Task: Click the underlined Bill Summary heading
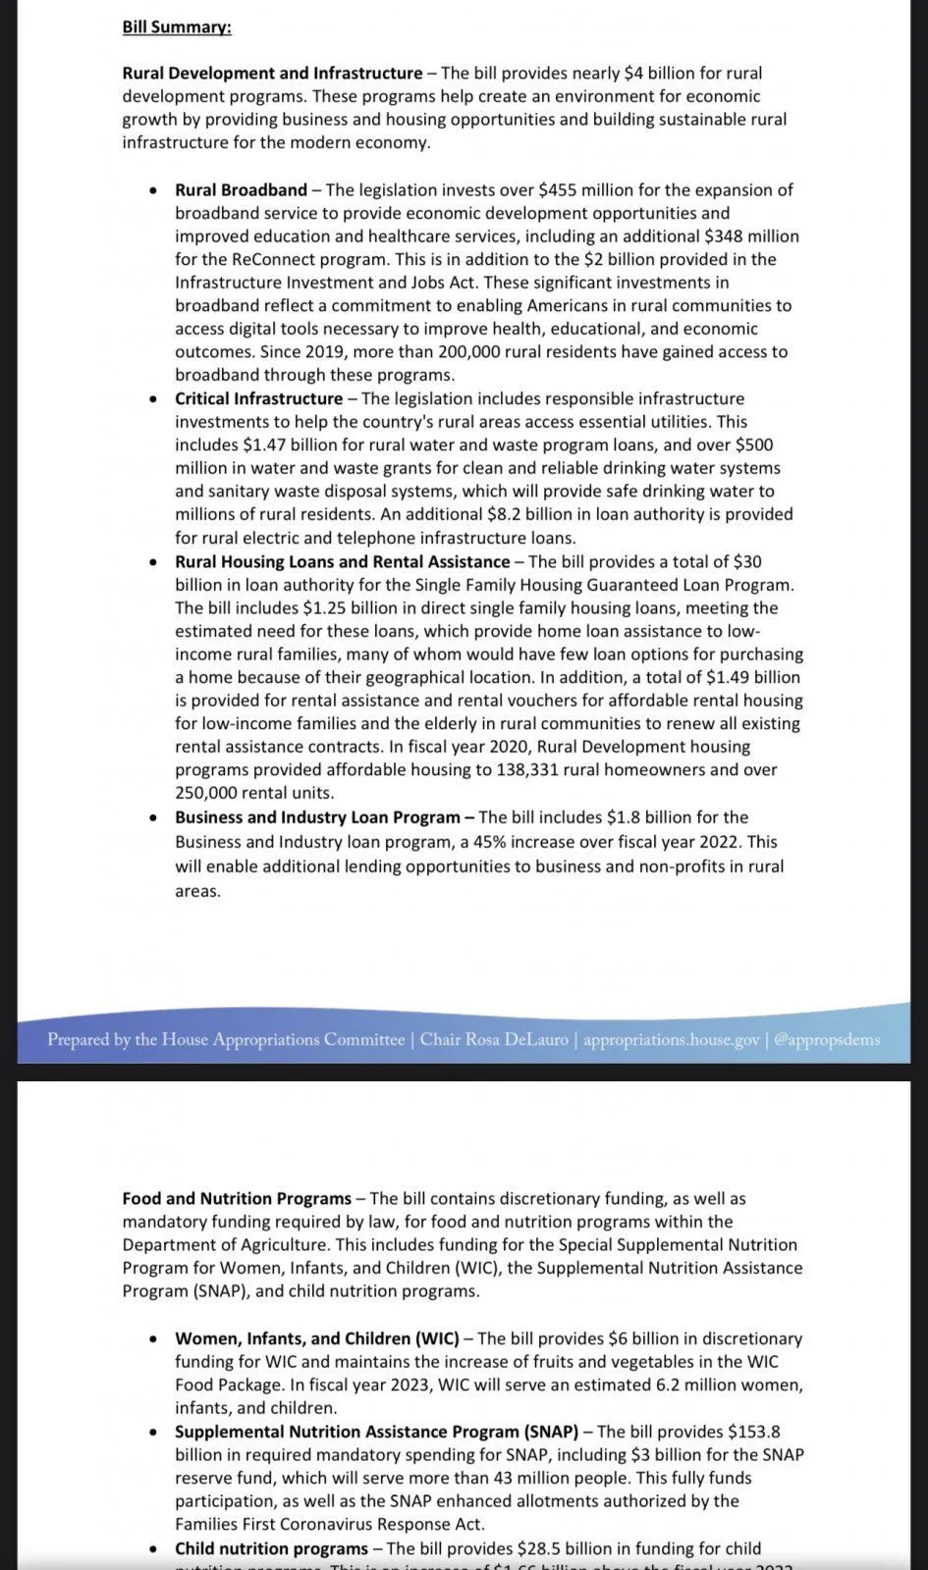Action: [177, 27]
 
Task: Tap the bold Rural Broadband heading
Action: [241, 189]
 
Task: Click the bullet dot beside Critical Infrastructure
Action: [153, 399]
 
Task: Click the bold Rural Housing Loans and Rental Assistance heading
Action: [342, 561]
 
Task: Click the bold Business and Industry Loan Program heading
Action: [317, 817]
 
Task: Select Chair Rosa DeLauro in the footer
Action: [494, 1039]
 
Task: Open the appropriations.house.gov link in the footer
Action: [671, 1039]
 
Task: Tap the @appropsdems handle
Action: [827, 1039]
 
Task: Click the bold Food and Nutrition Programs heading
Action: [237, 1198]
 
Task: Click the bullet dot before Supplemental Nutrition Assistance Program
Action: [153, 1433]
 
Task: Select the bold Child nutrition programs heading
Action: [271, 1548]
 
